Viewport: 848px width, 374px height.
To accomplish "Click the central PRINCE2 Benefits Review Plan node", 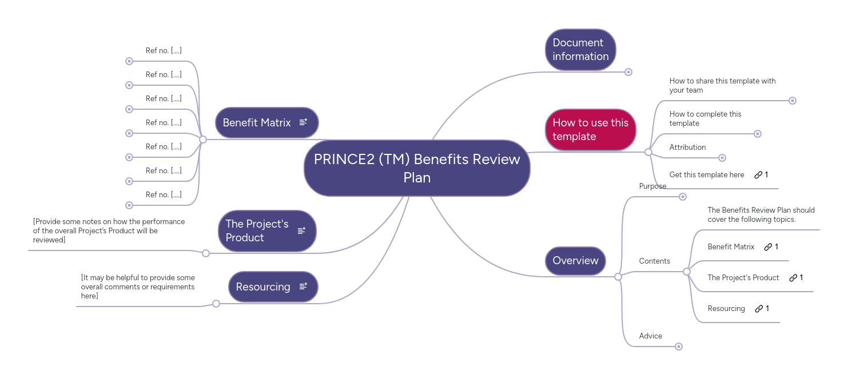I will click(417, 168).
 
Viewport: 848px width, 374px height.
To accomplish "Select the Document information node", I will click(580, 50).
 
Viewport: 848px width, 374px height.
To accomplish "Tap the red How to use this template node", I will click(590, 130).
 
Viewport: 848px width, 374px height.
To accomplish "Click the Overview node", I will click(575, 261).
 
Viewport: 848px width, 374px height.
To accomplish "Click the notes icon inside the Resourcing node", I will click(303, 286).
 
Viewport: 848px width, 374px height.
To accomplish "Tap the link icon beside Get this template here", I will click(758, 175).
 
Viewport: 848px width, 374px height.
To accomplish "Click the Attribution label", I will click(687, 148).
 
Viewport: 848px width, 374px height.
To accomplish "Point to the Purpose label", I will click(652, 186).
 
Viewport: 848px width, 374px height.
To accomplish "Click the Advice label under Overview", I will click(651, 336).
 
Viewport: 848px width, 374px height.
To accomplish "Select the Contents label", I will click(654, 261).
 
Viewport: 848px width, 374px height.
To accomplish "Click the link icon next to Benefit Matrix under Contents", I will click(768, 247).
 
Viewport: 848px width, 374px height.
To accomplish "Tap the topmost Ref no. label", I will click(164, 51).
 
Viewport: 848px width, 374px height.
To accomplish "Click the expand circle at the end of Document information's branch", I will click(628, 72).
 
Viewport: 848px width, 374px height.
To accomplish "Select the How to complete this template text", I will click(705, 118).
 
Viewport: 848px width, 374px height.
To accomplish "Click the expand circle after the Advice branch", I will click(679, 347).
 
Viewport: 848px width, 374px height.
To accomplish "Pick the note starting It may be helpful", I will click(138, 287).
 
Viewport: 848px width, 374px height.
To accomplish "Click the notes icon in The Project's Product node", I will click(301, 230).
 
